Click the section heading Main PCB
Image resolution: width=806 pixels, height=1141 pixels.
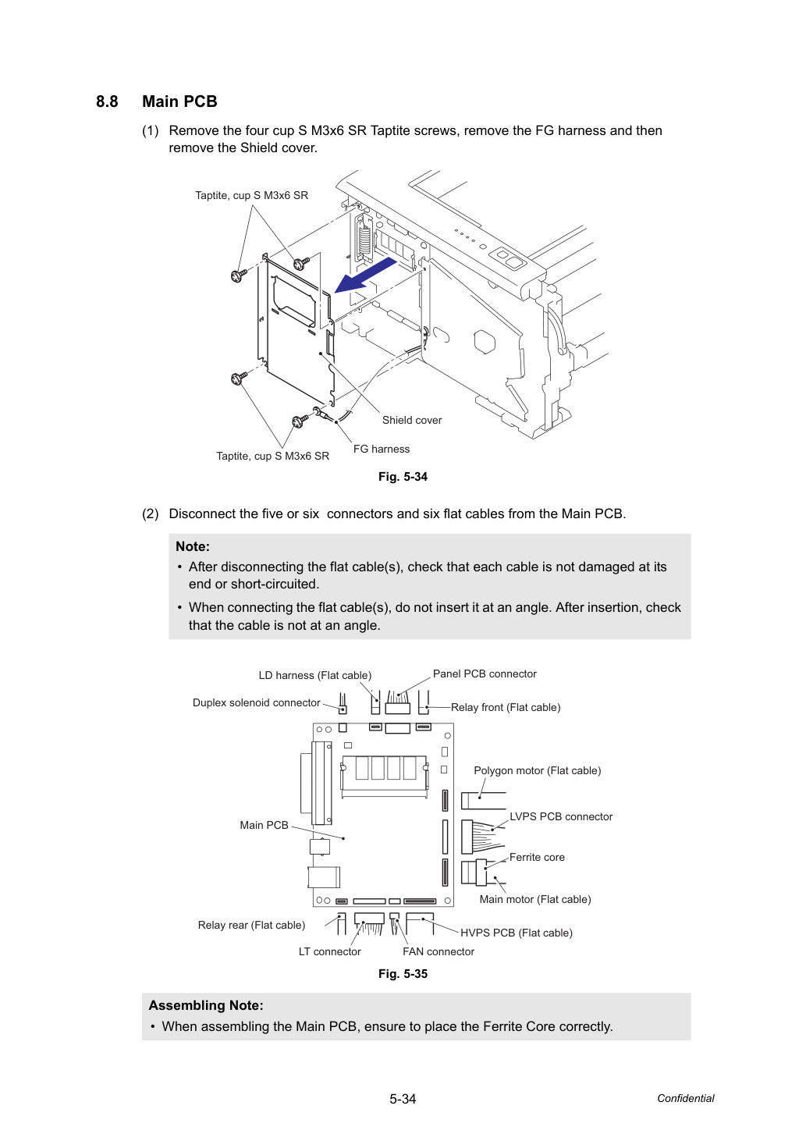pos(179,101)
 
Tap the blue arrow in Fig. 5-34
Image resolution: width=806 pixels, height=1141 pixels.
pos(365,275)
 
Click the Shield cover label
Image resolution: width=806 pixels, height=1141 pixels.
pos(412,420)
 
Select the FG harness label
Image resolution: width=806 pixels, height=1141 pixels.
pos(382,449)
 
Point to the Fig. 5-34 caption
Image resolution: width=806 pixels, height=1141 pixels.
pos(403,477)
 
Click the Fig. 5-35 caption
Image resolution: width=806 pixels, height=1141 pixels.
pos(403,974)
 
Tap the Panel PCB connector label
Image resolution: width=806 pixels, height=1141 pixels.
pos(485,674)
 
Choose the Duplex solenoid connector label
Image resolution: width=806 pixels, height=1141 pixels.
pos(256,703)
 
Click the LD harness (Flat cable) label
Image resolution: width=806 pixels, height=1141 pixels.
pos(315,675)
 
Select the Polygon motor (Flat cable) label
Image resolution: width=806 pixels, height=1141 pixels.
pos(538,771)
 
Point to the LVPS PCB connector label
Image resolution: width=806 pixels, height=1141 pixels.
pos(561,816)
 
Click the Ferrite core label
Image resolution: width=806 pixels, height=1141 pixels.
pos(537,857)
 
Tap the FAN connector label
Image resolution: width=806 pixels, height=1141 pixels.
pos(439,951)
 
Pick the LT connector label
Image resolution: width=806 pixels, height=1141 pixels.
pos(330,951)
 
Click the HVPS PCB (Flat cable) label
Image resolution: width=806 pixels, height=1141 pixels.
pos(517,933)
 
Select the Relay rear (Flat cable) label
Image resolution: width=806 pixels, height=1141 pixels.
pos(251,925)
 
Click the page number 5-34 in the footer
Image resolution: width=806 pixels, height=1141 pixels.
pos(403,1099)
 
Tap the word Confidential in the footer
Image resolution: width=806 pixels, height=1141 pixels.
pos(686,1098)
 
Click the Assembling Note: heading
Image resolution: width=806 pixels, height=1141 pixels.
pos(206,1005)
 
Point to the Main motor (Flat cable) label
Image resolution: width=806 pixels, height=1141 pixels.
pos(535,900)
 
